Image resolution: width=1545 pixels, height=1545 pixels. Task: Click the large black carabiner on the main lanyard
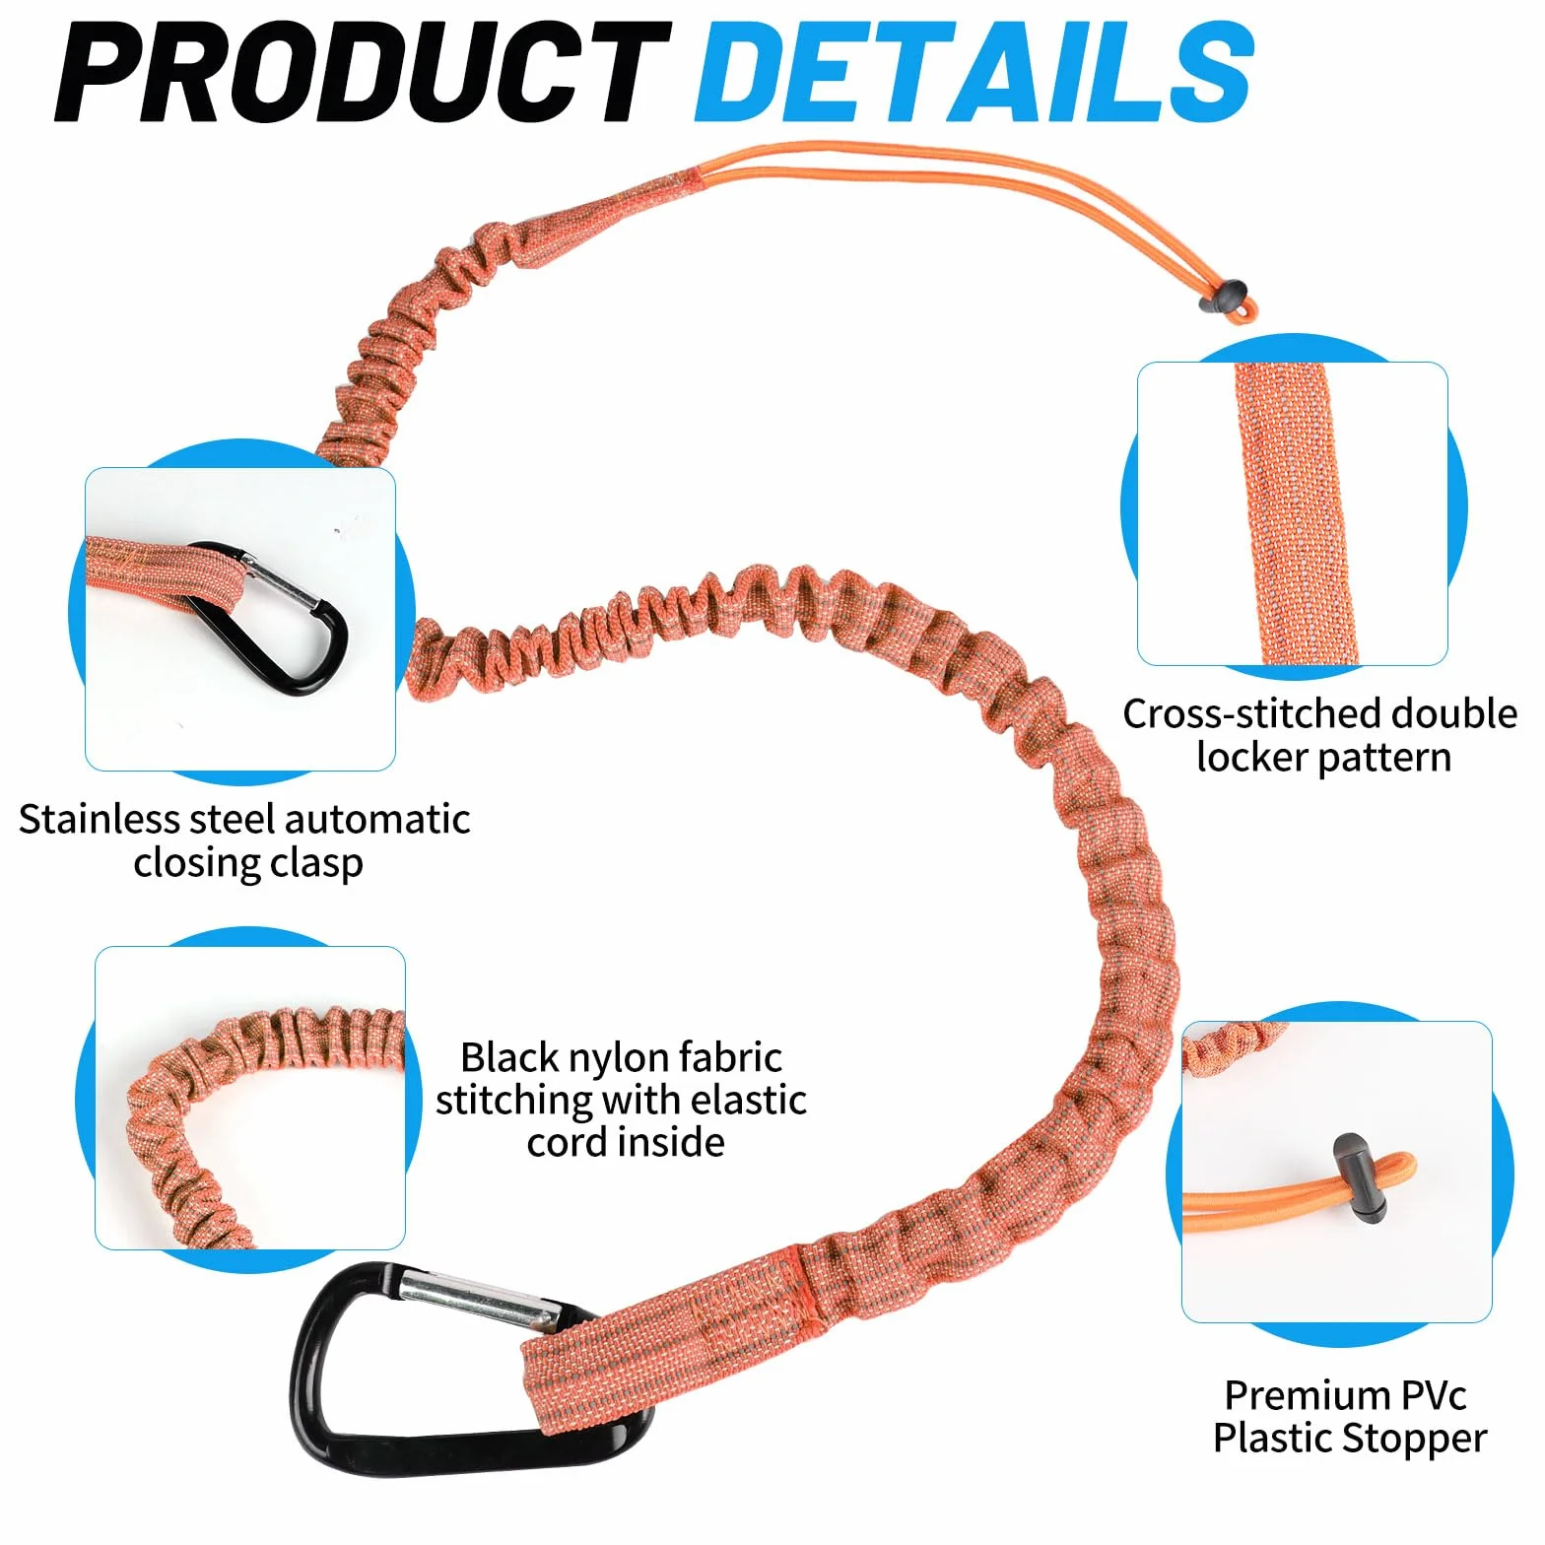tap(325, 1399)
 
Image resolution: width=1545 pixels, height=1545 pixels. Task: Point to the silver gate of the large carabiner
tap(483, 1300)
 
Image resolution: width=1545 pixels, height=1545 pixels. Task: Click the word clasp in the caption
tap(316, 864)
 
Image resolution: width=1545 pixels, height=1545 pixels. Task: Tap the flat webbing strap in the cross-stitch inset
tap(1295, 513)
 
